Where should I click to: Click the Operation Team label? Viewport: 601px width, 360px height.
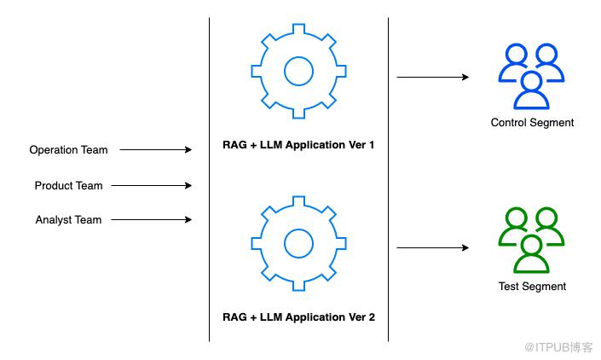68,150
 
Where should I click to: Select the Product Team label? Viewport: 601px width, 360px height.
68,186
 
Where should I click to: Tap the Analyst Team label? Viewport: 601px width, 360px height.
68,220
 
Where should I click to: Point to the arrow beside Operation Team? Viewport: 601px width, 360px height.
155,150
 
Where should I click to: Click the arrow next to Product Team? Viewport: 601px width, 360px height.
152,185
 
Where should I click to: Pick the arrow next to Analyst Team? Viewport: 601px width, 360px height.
152,219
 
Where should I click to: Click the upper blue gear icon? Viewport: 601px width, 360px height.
298,71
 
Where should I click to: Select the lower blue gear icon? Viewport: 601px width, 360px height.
298,242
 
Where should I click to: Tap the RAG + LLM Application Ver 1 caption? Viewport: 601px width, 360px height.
298,146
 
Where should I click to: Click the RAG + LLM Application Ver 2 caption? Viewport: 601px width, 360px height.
298,317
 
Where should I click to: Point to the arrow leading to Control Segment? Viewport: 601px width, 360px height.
432,77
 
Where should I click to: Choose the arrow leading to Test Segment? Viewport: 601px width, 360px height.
432,248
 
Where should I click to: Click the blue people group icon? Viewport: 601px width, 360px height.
532,76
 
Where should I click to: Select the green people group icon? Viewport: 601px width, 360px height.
532,241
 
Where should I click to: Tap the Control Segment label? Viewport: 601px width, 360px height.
532,123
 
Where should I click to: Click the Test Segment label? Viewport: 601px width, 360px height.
532,287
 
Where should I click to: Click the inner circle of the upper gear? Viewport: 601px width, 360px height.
298,71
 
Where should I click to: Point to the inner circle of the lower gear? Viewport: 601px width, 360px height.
298,242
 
